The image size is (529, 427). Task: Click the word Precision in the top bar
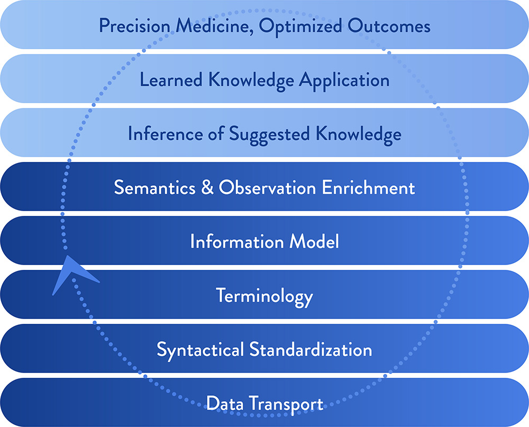(134, 25)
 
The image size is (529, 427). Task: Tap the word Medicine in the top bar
(215, 25)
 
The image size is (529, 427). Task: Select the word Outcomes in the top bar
(389, 25)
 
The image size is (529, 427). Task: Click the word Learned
(171, 80)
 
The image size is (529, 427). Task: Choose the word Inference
(165, 133)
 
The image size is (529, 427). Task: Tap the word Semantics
(155, 187)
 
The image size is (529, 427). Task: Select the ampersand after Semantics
(207, 187)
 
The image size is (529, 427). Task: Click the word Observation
(267, 187)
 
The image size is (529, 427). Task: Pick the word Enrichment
(368, 187)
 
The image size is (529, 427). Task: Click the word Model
(314, 241)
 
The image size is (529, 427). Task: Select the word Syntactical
(200, 350)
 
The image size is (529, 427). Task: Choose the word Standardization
(311, 349)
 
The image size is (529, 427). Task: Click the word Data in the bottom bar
(225, 403)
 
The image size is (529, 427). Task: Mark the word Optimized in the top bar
(300, 26)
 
